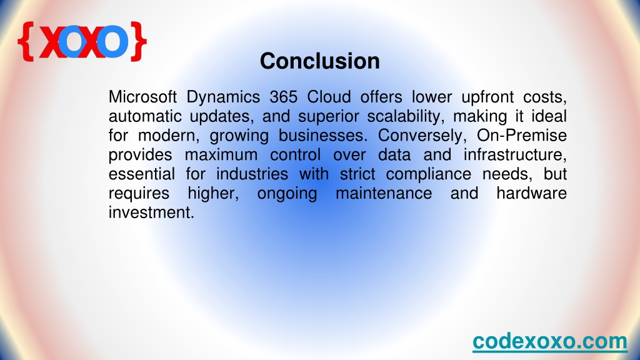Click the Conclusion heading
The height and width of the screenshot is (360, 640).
(x=320, y=61)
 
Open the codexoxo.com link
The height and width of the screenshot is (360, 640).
(x=550, y=341)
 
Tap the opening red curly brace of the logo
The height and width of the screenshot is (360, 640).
(x=26, y=42)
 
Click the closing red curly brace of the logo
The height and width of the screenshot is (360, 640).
(x=138, y=42)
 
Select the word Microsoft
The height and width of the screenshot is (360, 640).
(x=143, y=97)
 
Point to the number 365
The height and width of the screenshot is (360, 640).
(x=283, y=97)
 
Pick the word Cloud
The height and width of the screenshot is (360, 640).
(x=329, y=97)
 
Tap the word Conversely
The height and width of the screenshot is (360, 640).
(x=422, y=136)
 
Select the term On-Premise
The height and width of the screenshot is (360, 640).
(x=522, y=136)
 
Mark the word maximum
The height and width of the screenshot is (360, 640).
(x=221, y=155)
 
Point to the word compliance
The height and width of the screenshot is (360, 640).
(x=429, y=174)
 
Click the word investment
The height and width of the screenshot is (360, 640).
(x=151, y=212)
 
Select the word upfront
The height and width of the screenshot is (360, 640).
(x=487, y=97)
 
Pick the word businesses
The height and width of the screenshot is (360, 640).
(x=323, y=136)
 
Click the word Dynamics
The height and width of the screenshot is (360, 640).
(x=223, y=97)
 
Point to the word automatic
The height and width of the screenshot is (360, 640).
(x=145, y=116)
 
